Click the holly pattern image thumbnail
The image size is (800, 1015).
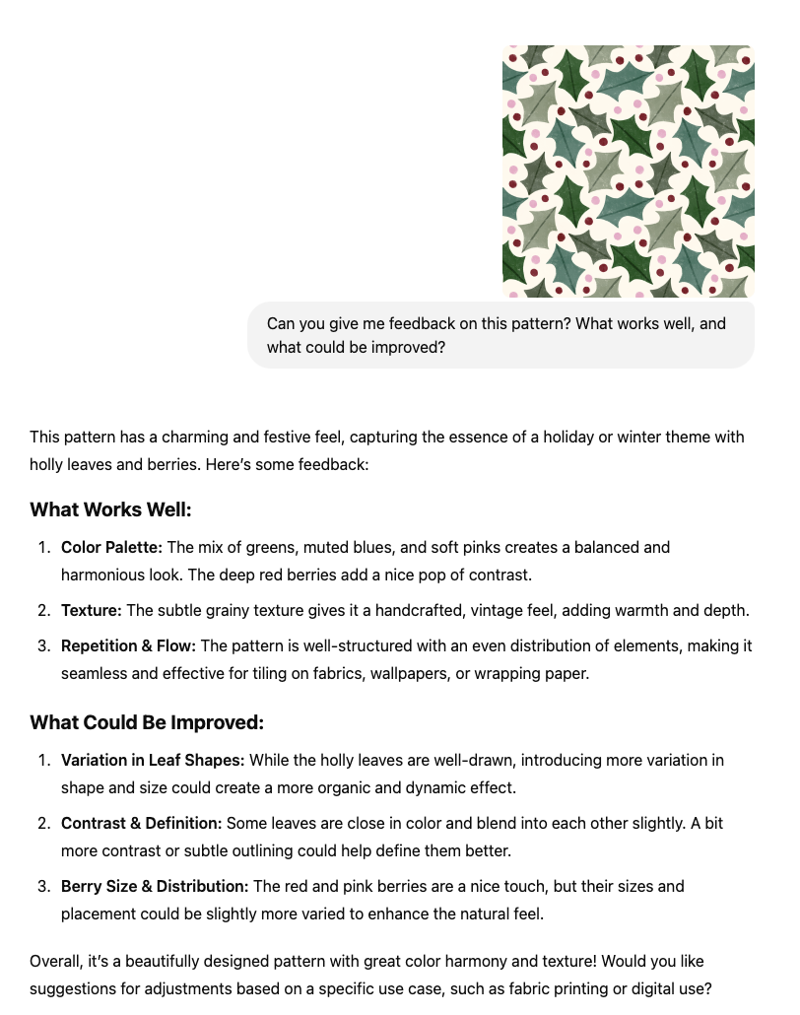tap(629, 170)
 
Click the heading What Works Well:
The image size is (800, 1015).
tap(110, 509)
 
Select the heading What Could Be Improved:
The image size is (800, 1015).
tap(147, 722)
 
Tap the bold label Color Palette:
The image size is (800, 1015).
tap(111, 547)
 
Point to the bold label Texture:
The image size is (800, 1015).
tap(92, 611)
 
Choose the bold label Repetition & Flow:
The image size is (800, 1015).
tap(129, 646)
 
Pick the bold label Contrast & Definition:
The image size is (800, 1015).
tap(142, 823)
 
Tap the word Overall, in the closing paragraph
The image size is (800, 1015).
tap(55, 961)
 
